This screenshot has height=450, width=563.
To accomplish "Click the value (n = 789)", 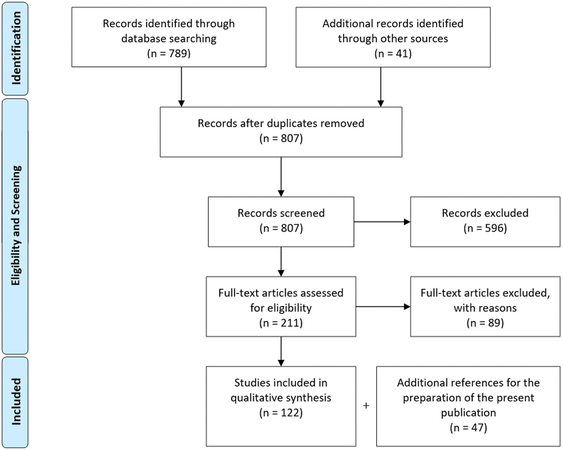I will click(169, 53).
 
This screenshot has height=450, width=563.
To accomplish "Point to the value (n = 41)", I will click(393, 53).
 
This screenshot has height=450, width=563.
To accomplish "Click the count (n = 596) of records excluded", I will click(485, 228).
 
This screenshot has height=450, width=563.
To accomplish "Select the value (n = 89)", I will click(485, 323).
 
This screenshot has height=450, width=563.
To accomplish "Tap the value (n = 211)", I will click(281, 323).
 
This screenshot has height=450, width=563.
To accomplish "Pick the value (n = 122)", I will click(281, 413).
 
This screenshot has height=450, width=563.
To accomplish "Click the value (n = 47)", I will click(468, 427).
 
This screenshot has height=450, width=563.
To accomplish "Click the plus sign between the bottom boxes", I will click(366, 405).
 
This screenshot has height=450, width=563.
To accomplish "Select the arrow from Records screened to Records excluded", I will click(382, 222).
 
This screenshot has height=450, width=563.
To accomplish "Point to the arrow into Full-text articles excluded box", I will click(383, 307).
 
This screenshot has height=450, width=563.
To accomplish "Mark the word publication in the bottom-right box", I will click(468, 413).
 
